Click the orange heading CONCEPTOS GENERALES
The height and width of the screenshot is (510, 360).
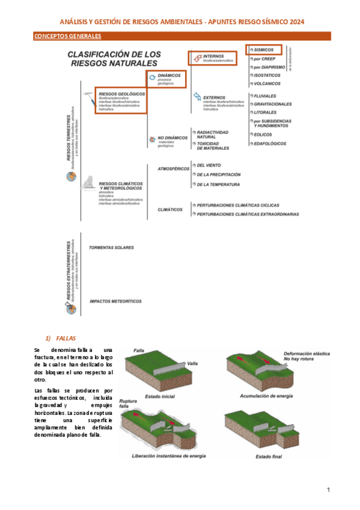pos(59,37)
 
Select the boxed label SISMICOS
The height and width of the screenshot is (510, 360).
pos(264,49)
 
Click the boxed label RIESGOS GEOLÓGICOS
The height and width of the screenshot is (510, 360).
pos(121,94)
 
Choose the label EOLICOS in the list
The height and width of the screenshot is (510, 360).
pos(263,134)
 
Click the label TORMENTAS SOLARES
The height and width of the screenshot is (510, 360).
pos(111,247)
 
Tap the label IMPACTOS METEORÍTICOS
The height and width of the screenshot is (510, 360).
pos(115,300)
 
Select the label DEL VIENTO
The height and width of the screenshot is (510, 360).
pos(209,165)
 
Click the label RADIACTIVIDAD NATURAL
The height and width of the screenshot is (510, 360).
pos(214,134)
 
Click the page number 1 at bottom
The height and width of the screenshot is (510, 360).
pos(329,490)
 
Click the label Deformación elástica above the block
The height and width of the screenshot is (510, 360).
pos(307,353)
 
